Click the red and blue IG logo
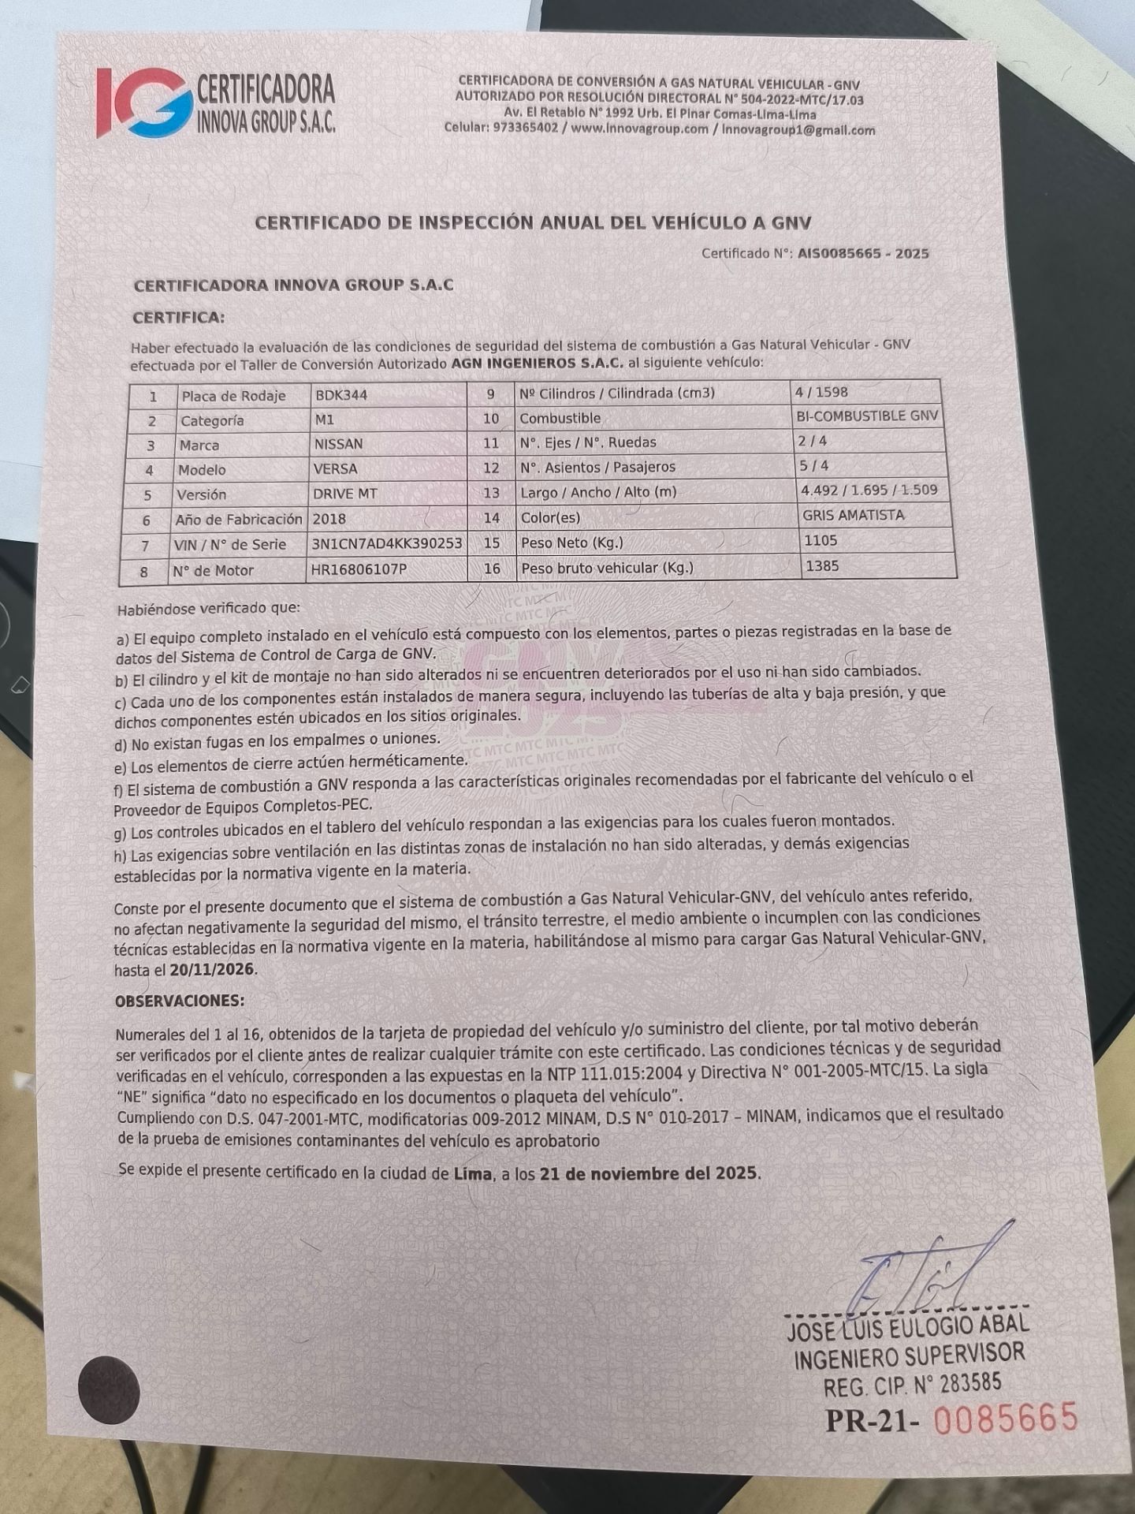coord(144,102)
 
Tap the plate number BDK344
coord(341,394)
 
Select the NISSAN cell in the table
coord(339,444)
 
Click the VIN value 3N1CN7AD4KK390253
coord(386,544)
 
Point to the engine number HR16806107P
coord(359,569)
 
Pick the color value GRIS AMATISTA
coord(854,515)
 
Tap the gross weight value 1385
coord(822,565)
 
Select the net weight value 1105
coord(821,540)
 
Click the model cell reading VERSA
coord(336,468)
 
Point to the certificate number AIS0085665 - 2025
coord(863,253)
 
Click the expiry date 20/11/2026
coord(215,970)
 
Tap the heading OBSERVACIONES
coord(180,1001)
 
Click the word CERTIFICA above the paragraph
coord(178,318)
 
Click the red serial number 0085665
coord(1005,1417)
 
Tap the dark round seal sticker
coord(109,1393)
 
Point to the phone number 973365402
coord(525,129)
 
